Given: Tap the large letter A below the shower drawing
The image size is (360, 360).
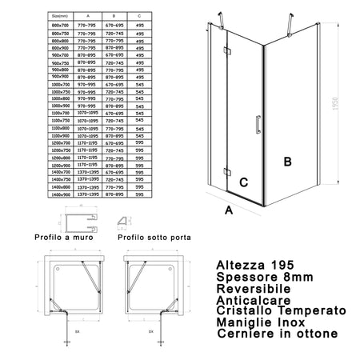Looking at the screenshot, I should tap(228, 210).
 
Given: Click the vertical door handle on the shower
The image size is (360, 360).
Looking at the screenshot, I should tap(256, 126).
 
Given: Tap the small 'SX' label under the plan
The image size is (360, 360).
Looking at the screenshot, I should tap(78, 329).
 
